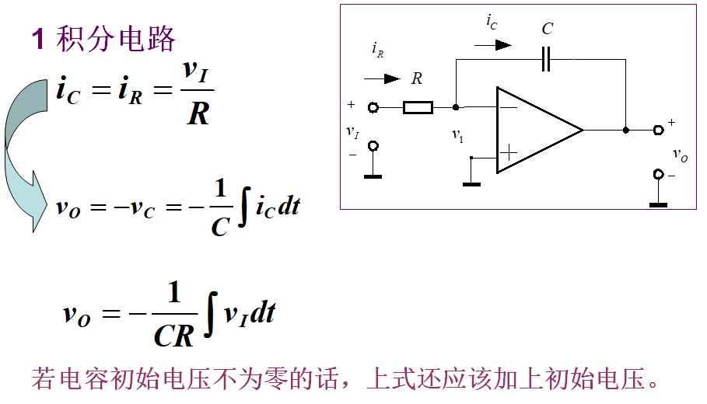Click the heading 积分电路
117,39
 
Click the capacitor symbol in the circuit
546,59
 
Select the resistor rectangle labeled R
418,107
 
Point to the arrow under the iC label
493,45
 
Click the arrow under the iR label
381,78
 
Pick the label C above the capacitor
548,29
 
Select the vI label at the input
352,132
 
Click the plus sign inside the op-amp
508,152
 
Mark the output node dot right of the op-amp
625,130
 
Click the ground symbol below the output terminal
658,204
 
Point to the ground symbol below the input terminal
373,176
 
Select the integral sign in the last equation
209,315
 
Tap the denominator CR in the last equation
173,336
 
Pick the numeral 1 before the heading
38,39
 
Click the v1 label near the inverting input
457,135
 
